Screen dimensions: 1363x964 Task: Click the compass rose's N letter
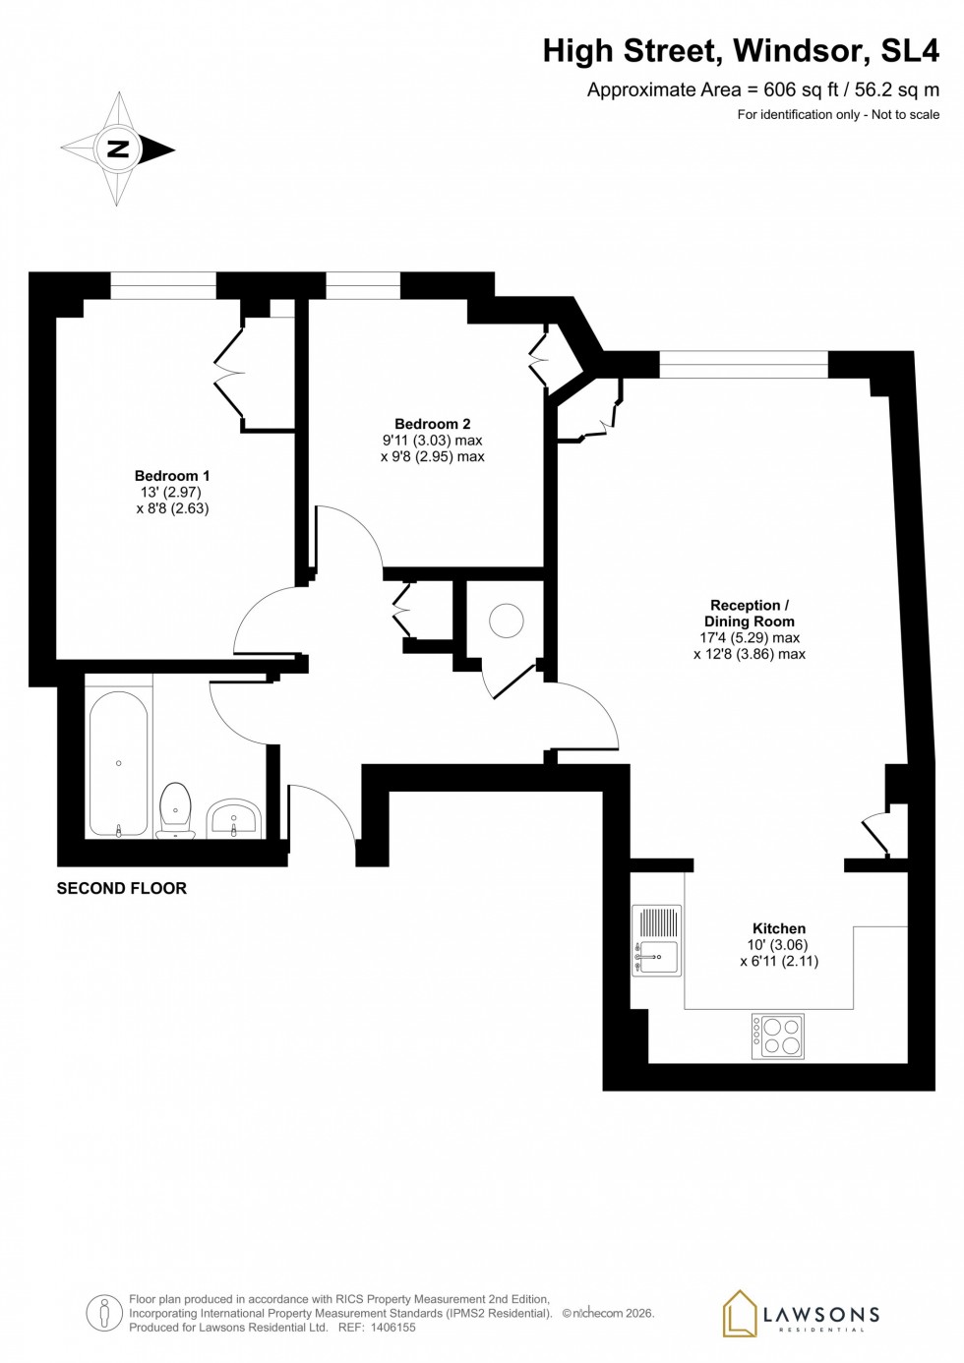coord(118,149)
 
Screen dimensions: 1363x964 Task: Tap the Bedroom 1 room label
coord(172,476)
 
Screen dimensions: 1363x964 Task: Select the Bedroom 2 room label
coord(432,425)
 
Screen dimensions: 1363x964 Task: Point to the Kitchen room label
coord(778,928)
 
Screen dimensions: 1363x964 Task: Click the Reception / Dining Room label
coord(749,614)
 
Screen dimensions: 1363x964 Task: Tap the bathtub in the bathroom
coord(118,763)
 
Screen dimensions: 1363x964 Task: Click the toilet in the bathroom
coord(175,809)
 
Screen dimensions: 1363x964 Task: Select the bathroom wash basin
coord(233,817)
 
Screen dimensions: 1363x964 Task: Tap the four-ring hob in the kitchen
coord(778,1036)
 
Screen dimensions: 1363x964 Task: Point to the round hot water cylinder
coord(507,621)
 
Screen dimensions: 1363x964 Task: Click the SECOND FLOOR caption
coord(121,888)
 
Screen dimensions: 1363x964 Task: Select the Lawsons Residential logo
coord(801,1315)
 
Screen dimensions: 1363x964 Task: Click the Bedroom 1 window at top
coord(162,286)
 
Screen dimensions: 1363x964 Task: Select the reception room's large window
coord(743,365)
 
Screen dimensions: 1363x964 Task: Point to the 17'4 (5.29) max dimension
coord(749,637)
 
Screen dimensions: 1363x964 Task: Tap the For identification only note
coord(837,115)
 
